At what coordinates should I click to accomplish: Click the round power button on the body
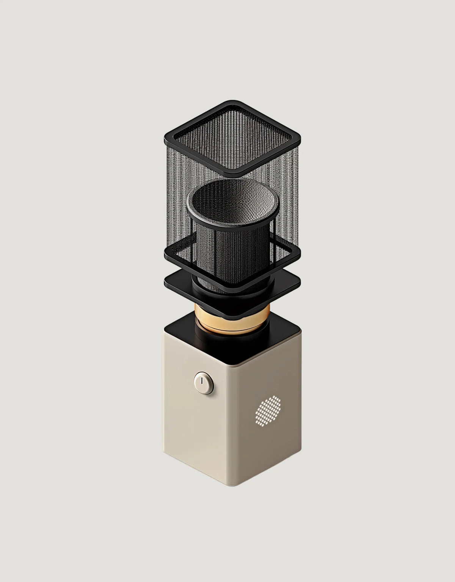[204, 383]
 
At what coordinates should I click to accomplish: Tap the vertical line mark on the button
[203, 380]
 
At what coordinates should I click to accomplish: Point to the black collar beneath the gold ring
[232, 335]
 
